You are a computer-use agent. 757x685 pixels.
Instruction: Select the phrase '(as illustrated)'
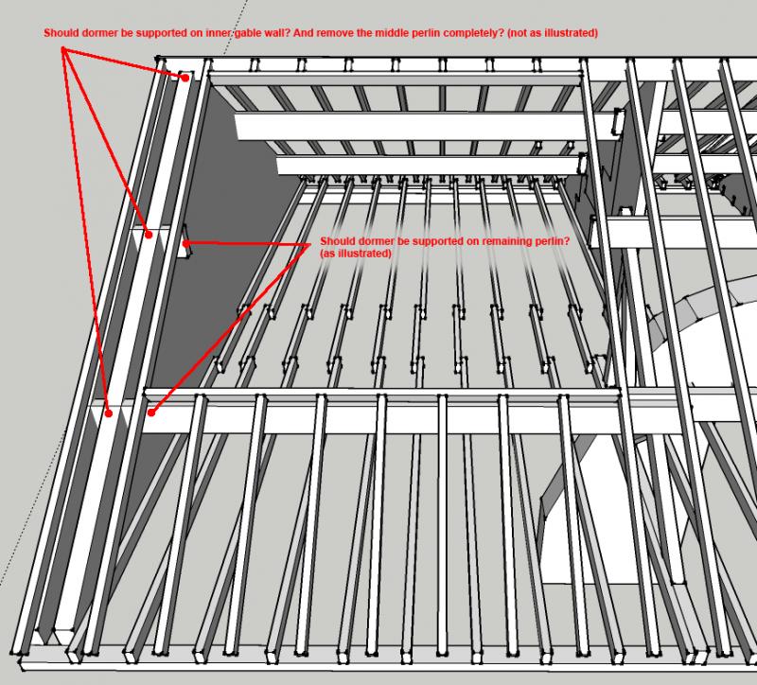point(356,253)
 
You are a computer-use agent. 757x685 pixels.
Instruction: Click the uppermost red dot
point(185,78)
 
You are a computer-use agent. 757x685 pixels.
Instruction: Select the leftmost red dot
point(109,413)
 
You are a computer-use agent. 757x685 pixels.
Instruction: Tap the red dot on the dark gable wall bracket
point(185,244)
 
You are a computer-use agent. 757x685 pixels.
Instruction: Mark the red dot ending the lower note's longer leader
point(151,413)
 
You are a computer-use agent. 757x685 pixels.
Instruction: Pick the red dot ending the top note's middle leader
point(150,235)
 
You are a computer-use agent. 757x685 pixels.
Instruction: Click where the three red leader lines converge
point(62,49)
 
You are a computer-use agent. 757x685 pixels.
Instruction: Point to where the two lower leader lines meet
point(309,245)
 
